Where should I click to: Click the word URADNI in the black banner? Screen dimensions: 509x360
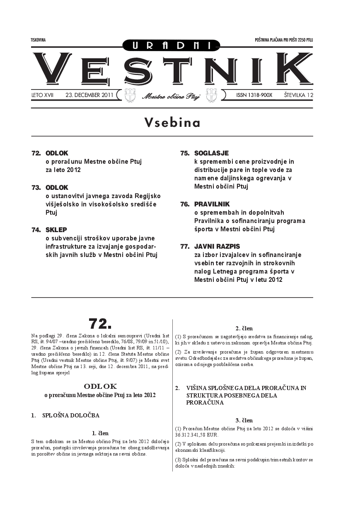[x=172, y=45]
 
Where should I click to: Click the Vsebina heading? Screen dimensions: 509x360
[x=172, y=123]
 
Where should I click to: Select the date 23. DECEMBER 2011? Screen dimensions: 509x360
[x=89, y=95]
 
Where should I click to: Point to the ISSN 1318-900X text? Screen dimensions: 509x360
[x=254, y=95]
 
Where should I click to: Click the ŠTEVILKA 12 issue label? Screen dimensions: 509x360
[x=298, y=95]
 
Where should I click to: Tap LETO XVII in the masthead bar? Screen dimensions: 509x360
[x=42, y=95]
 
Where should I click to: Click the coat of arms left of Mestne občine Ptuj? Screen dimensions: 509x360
[x=130, y=95]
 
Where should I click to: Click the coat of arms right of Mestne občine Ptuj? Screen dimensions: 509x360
[x=211, y=95]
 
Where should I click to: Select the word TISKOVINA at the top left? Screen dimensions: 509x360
[x=38, y=40]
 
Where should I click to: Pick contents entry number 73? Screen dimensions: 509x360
[x=36, y=187]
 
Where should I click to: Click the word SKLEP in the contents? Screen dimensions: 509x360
[x=56, y=229]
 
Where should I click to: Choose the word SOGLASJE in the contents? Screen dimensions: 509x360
[x=211, y=153]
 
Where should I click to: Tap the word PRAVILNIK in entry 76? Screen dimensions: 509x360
[x=212, y=204]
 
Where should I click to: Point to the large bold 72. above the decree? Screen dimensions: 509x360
[x=100, y=323]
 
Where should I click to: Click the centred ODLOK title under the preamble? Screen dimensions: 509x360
[x=100, y=386]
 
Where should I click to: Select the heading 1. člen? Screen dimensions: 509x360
[x=100, y=433]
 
